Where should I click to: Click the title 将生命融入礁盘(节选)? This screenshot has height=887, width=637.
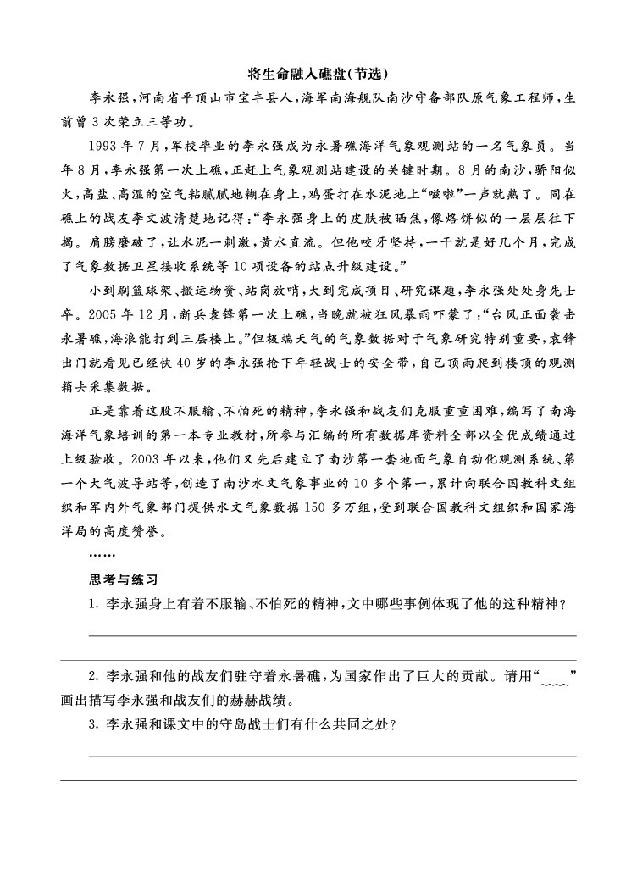coord(318,73)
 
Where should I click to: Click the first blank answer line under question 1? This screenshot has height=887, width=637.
coord(332,635)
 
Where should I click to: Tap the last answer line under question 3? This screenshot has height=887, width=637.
coord(318,780)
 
